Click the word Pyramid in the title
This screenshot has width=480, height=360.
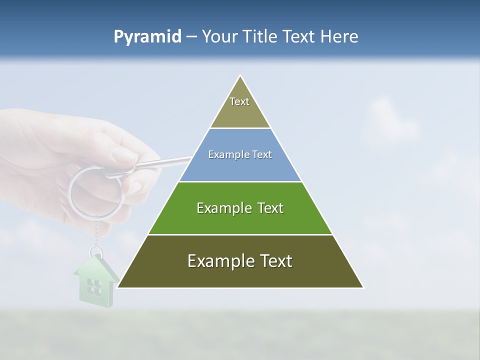[x=147, y=37]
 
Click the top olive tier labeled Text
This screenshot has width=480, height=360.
[x=239, y=107]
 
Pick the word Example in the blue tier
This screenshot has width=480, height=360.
[x=225, y=155]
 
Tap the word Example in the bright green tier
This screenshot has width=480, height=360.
[x=223, y=208]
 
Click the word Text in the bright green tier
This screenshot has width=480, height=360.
[x=270, y=208]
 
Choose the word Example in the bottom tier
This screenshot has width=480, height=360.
[x=220, y=261]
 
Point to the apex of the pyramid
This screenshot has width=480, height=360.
[x=240, y=76]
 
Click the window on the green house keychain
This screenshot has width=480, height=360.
[x=93, y=286]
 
